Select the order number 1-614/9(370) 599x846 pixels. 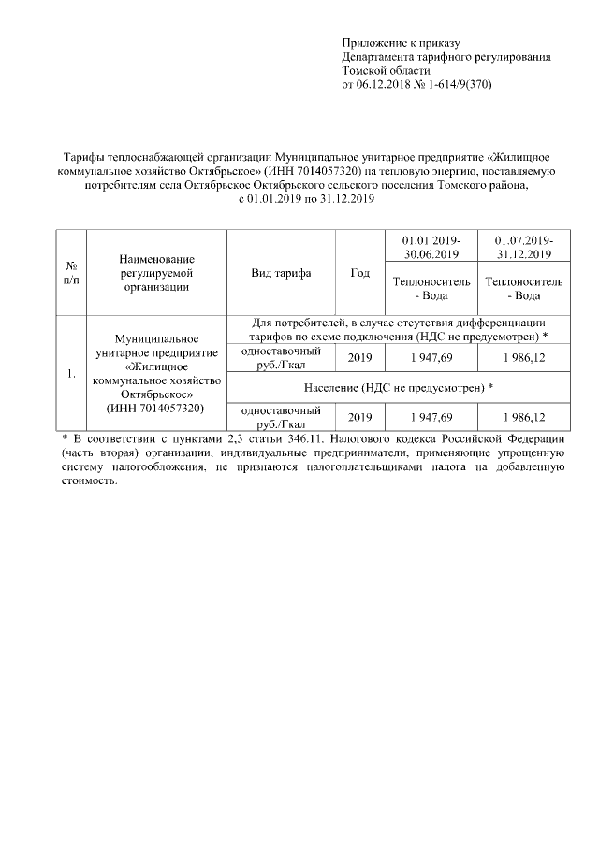point(458,85)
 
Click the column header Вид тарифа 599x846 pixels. point(281,273)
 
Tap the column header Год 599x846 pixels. point(359,273)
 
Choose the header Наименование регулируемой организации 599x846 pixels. point(156,273)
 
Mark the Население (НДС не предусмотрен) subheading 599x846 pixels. point(399,387)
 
